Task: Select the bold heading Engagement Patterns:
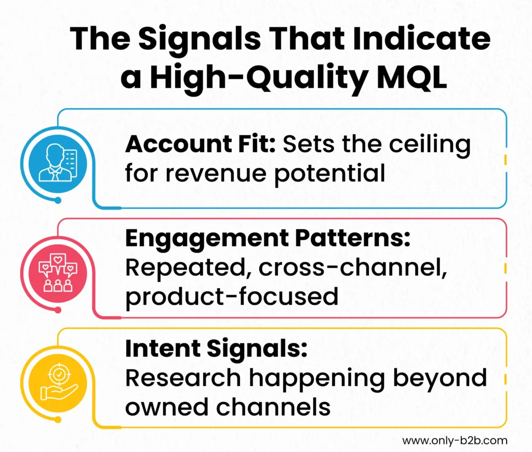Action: (268, 240)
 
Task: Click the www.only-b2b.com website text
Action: (454, 440)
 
